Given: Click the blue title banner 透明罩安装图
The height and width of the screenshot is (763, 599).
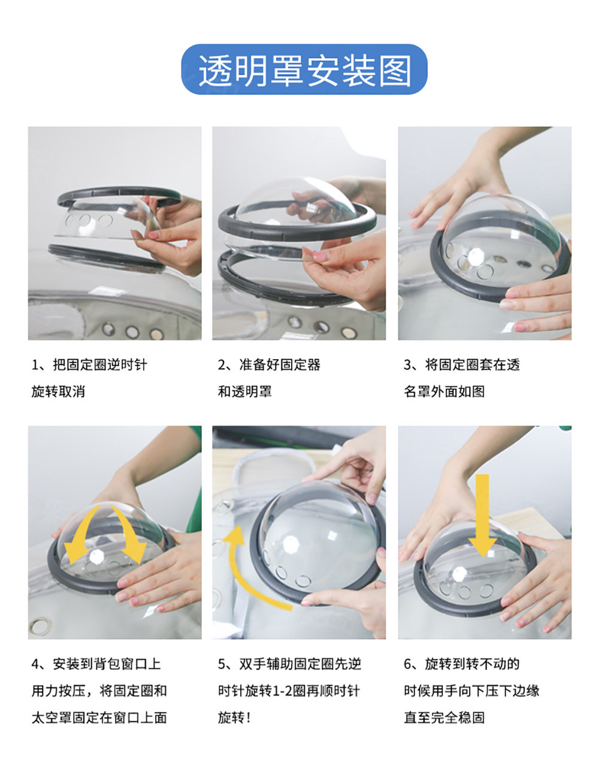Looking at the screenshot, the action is [x=304, y=69].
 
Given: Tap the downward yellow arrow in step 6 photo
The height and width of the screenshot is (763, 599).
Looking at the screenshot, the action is [x=483, y=515].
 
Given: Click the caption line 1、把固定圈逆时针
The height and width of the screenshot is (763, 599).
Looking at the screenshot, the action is [x=89, y=365].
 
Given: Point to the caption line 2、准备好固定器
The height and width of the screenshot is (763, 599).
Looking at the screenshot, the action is [x=269, y=365].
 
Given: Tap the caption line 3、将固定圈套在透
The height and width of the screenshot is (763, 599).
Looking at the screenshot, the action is [x=462, y=365].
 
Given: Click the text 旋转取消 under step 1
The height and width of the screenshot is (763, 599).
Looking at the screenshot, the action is [x=58, y=391].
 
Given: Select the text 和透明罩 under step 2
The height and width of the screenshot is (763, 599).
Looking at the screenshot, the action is [x=245, y=391].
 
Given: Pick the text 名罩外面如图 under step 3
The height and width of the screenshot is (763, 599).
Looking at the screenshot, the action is [x=444, y=391].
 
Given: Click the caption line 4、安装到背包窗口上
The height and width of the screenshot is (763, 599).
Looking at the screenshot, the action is [x=96, y=664].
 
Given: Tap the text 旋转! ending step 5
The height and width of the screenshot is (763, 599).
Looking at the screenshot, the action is [x=234, y=718].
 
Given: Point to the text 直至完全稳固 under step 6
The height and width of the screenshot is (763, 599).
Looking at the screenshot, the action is [x=444, y=718].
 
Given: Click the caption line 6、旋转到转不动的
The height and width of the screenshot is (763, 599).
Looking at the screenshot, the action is [x=462, y=664].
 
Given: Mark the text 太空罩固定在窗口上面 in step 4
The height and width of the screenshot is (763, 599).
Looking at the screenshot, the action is [x=99, y=718].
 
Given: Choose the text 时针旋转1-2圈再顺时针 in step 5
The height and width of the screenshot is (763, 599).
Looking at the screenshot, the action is [x=289, y=691].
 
